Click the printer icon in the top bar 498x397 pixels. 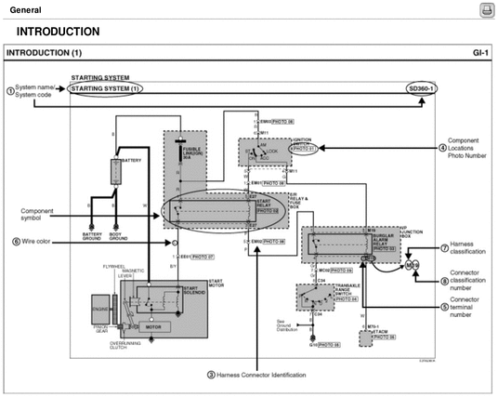click(x=485, y=9)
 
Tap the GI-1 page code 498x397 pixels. click(x=478, y=53)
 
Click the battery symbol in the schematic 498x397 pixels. click(x=116, y=172)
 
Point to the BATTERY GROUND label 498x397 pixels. click(x=93, y=237)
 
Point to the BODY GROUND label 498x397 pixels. click(x=119, y=237)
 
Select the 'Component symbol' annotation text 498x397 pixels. click(x=40, y=214)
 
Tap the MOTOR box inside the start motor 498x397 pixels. click(x=155, y=327)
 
